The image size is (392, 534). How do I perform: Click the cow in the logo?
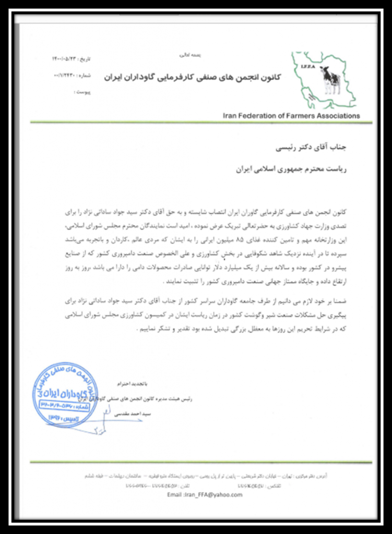(x=331, y=81)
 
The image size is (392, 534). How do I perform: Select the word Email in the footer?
(x=175, y=495)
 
